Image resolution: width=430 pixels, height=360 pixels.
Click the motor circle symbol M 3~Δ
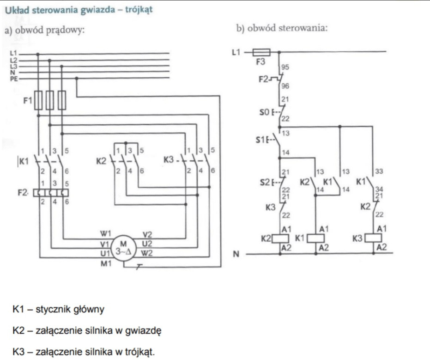pos(123,249)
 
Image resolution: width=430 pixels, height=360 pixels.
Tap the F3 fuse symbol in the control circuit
pos(262,52)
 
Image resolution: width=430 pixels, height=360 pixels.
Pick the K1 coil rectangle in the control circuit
pos(315,238)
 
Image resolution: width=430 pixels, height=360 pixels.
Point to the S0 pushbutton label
pos(264,112)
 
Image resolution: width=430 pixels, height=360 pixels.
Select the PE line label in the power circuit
pos(13,79)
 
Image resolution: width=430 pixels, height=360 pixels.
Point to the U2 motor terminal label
pos(147,243)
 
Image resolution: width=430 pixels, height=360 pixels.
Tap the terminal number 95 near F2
pos(285,67)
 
